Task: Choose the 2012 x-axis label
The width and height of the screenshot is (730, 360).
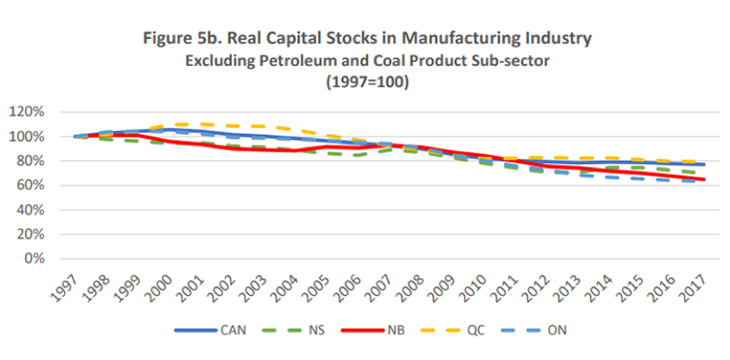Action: (x=538, y=285)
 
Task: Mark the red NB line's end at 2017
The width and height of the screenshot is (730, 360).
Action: (x=703, y=180)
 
